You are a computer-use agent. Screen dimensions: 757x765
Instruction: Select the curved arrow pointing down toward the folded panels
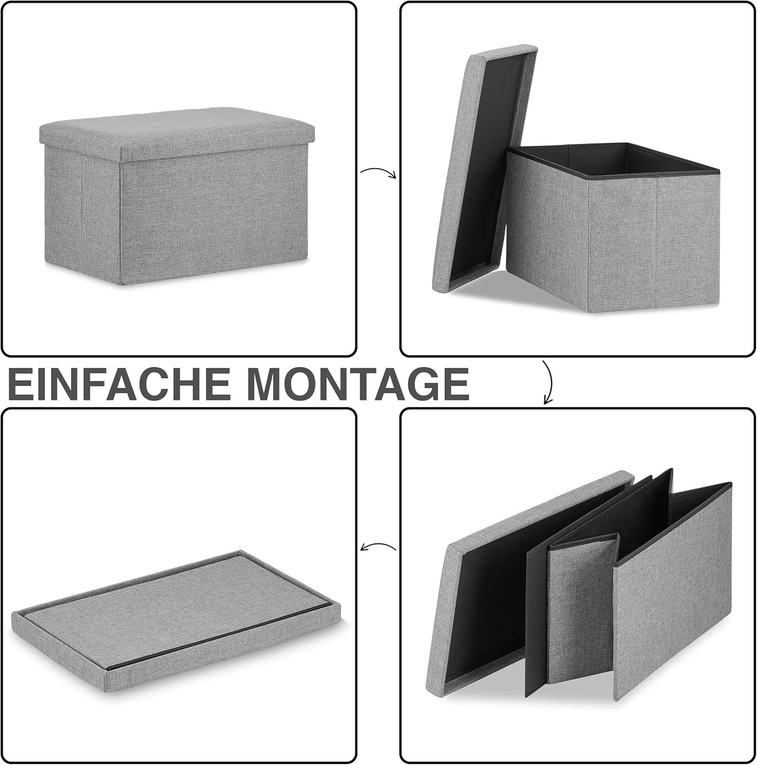pyautogui.click(x=549, y=382)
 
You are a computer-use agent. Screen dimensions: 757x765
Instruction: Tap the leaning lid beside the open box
pyautogui.click(x=484, y=168)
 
